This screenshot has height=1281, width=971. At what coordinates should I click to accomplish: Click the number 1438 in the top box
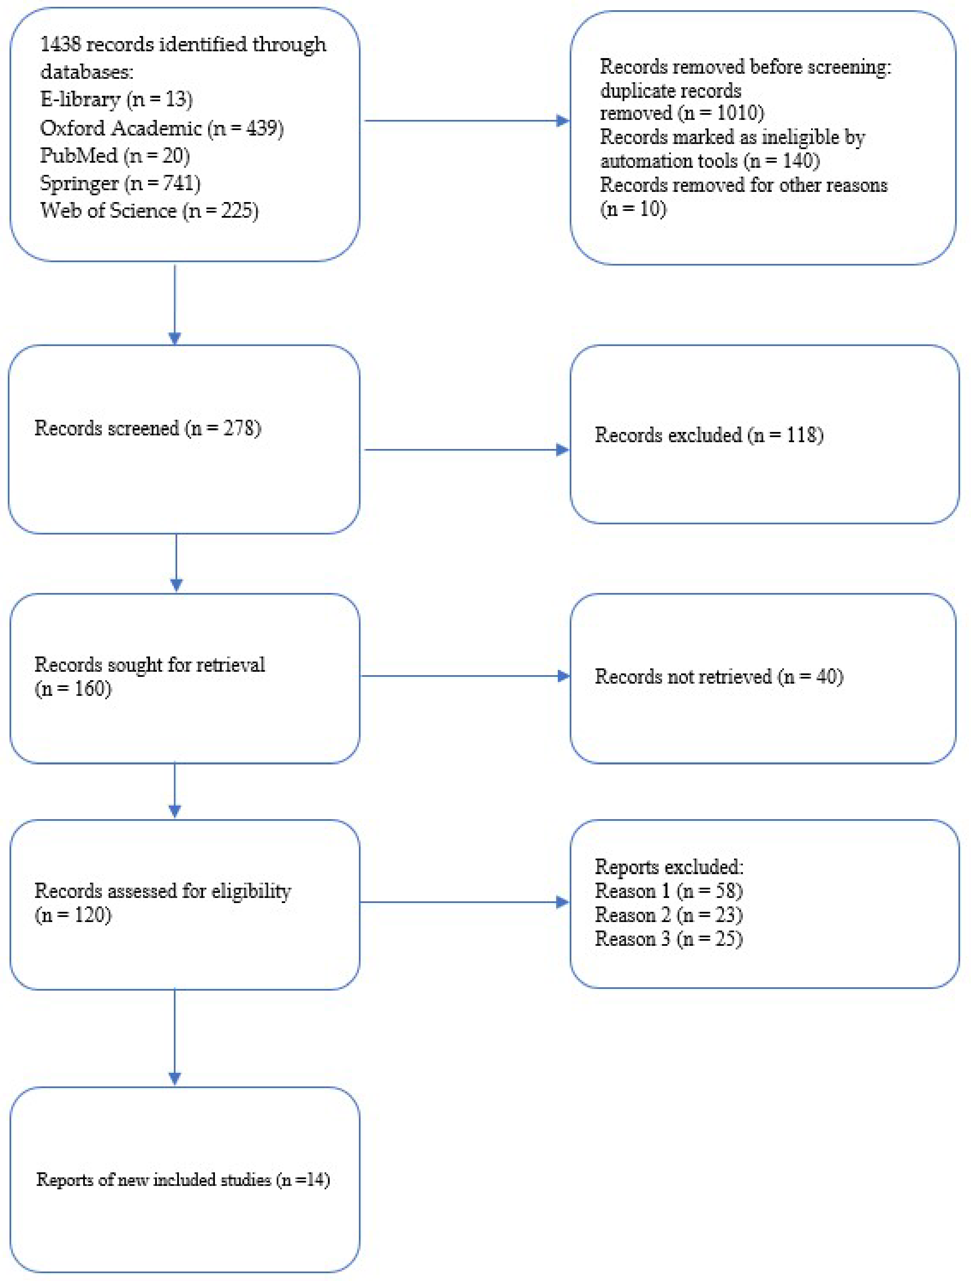point(60,44)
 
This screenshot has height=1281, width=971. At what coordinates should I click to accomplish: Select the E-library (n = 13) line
point(116,100)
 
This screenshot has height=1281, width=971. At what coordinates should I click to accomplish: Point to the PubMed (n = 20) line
point(115,155)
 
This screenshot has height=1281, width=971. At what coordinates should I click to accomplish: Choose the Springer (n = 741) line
point(120,183)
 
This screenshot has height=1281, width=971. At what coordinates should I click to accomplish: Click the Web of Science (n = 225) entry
point(149,210)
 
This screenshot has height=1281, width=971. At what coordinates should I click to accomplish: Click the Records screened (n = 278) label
point(148,428)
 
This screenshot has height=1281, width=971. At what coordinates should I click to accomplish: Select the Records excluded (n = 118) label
point(709,435)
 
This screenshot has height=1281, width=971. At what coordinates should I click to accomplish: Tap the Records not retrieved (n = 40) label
point(718,676)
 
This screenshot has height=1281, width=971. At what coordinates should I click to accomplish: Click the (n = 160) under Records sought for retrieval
point(73,689)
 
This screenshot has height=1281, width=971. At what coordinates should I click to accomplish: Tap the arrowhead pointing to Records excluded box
point(562,450)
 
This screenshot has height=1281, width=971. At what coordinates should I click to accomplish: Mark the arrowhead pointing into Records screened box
point(175,338)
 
